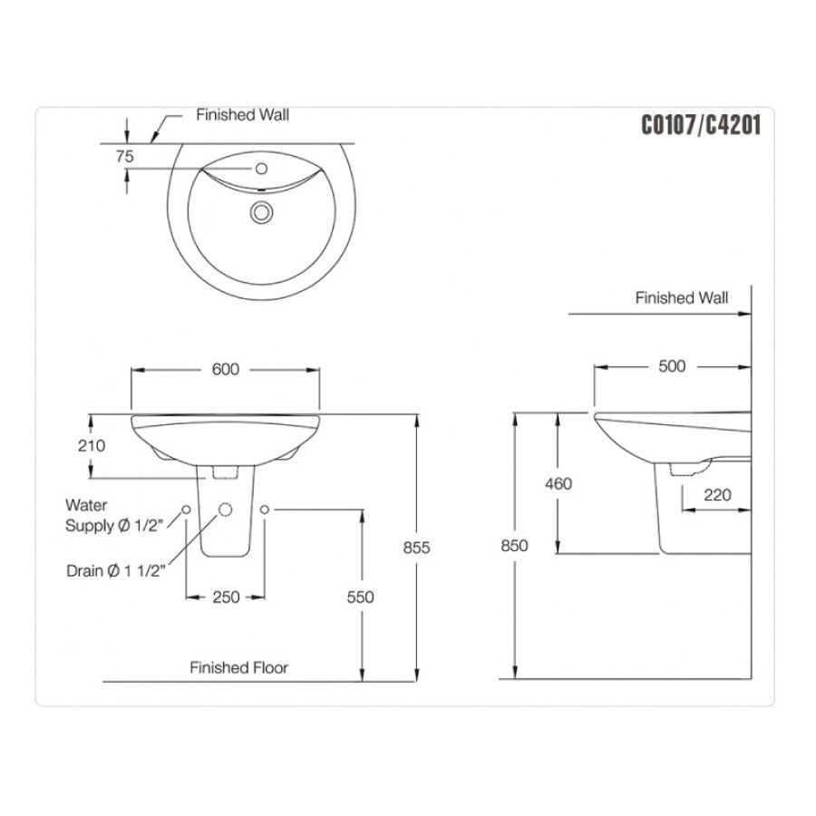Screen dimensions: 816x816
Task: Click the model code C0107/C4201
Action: (x=700, y=125)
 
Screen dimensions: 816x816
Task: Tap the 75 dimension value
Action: (x=125, y=157)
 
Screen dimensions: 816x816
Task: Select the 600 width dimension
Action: (x=225, y=369)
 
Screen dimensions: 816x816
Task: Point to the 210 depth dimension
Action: (x=92, y=445)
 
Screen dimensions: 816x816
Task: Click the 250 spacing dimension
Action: (x=226, y=597)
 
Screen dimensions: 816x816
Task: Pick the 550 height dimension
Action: (x=360, y=597)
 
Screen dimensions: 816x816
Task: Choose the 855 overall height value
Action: (x=416, y=547)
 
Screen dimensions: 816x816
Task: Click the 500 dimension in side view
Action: (x=672, y=366)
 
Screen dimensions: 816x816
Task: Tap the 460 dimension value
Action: (x=559, y=483)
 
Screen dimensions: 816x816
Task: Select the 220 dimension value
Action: (x=716, y=496)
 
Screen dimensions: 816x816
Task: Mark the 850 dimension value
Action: (x=513, y=546)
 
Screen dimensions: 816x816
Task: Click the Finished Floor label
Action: (x=238, y=667)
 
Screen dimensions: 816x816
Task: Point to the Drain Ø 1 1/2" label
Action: (x=115, y=571)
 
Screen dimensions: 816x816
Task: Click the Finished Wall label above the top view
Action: (x=243, y=115)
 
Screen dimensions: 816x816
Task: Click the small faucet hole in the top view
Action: (x=262, y=169)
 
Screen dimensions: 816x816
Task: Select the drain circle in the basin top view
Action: (x=262, y=213)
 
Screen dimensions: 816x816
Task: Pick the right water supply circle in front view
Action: (x=265, y=510)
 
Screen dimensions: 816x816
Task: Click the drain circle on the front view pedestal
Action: (x=225, y=510)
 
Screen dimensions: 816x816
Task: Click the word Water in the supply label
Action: (x=86, y=505)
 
